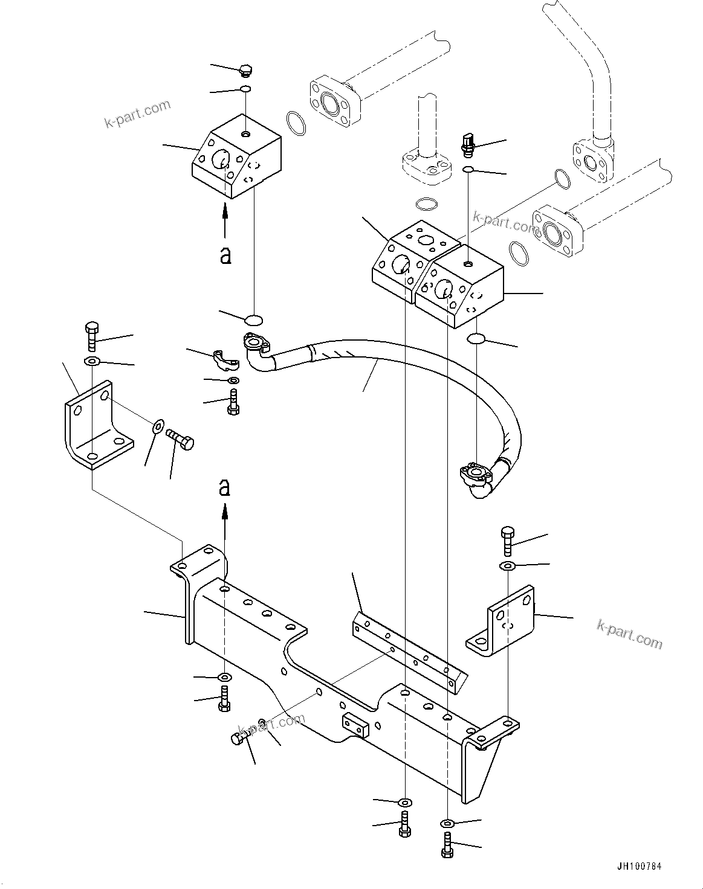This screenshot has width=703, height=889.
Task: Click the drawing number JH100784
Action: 640,866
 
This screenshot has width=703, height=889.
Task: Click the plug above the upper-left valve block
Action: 245,70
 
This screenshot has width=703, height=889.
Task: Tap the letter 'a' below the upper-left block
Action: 225,254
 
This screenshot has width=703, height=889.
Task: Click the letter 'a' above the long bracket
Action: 225,487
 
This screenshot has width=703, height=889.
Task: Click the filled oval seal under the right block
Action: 476,339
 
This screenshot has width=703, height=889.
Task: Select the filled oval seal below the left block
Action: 254,318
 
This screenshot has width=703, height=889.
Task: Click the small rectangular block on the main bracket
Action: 355,725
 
